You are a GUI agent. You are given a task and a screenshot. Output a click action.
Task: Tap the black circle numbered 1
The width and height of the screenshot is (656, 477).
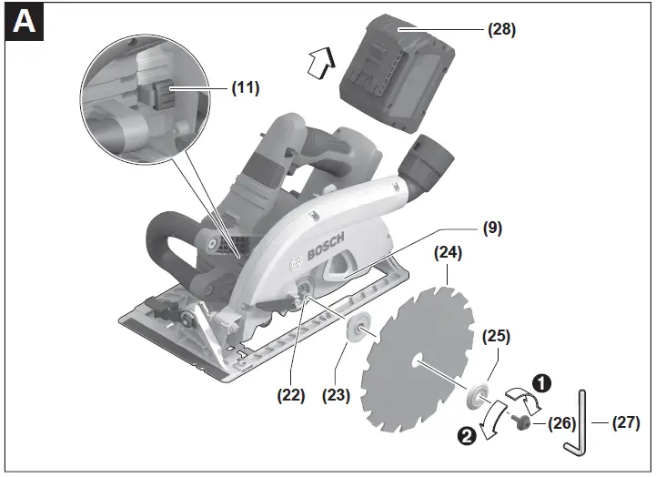coord(540,384)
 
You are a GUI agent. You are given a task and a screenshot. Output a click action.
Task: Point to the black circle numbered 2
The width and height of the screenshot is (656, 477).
coord(466,437)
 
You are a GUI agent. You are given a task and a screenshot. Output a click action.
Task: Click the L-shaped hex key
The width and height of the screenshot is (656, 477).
coord(582,423)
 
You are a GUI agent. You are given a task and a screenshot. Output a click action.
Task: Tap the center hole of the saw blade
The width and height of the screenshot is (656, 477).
coord(420,362)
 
